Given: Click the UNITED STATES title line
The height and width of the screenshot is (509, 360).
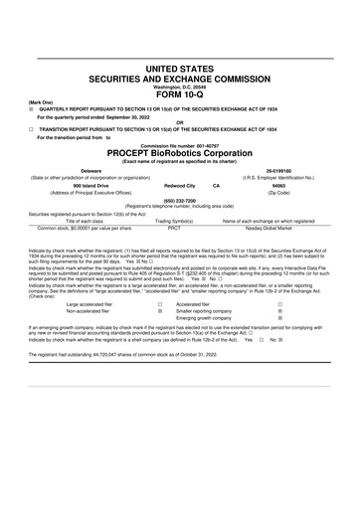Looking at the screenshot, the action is click(180, 68).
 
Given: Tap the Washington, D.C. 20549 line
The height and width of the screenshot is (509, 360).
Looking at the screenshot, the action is click(180, 85).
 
